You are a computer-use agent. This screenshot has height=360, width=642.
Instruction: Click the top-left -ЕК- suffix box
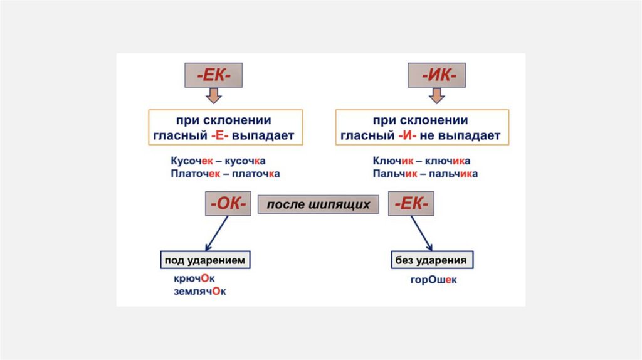[213, 75]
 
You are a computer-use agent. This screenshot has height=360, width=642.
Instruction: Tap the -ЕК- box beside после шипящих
[412, 204]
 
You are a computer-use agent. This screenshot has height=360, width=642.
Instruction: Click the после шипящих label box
[318, 204]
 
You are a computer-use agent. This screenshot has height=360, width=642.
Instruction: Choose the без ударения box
[431, 260]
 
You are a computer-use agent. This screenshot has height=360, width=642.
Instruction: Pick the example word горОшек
[434, 280]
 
